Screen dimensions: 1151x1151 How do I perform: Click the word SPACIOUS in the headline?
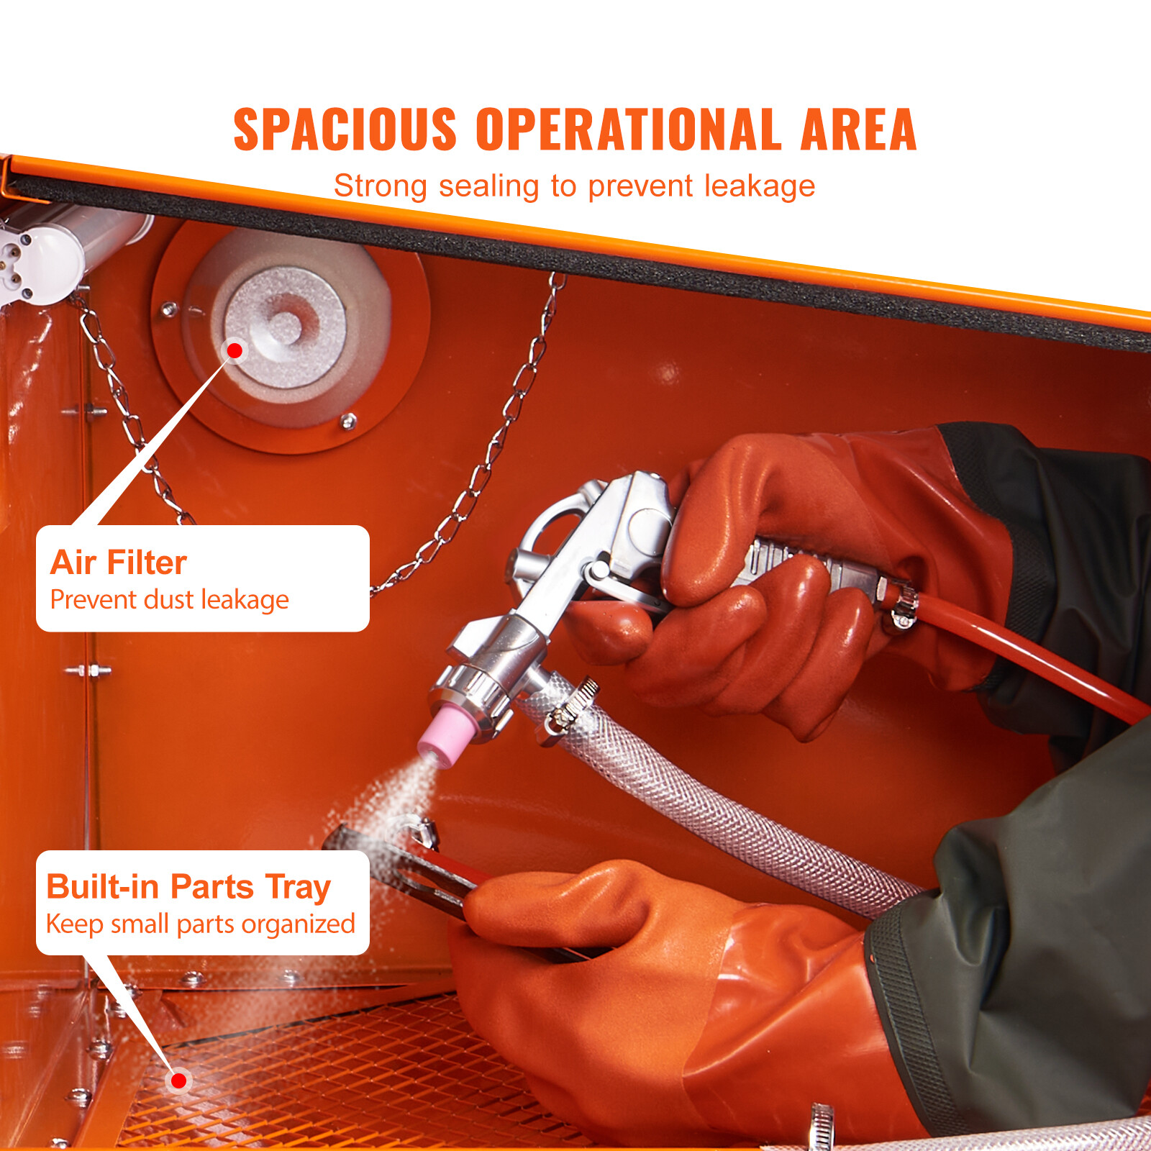345,129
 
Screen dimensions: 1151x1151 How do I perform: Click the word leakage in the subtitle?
760,186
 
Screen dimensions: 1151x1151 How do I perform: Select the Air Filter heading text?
119,563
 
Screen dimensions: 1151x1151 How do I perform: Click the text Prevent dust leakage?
170,599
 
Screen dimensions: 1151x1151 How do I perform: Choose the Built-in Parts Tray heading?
188,887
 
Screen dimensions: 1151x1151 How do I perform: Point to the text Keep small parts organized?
201,924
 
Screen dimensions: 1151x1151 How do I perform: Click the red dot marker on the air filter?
235,350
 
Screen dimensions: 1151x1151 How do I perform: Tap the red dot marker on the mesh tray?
178,1080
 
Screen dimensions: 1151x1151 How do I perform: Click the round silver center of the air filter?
286,327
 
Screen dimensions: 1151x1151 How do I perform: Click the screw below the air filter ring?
348,422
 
